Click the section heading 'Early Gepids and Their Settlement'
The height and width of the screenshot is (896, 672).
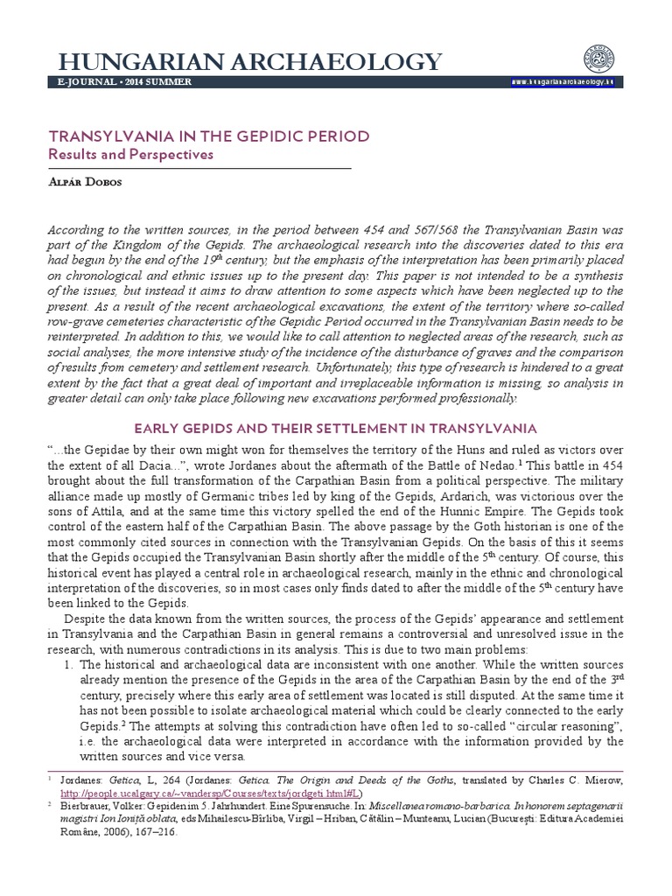pyautogui.click(x=336, y=428)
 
